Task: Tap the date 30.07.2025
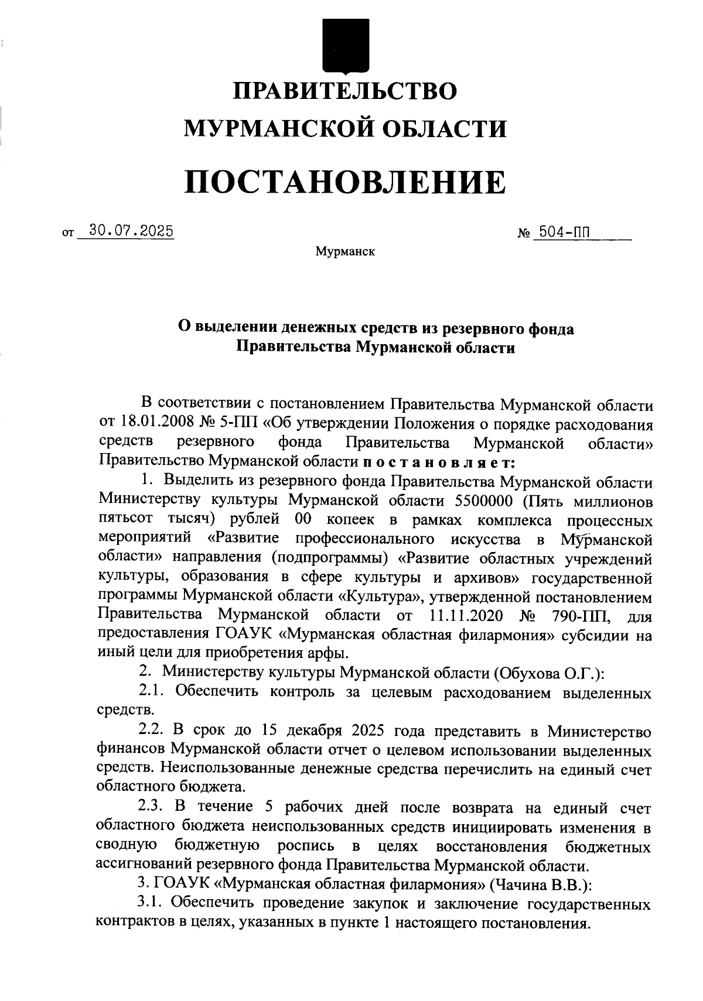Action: click(127, 232)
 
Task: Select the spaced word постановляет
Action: click(439, 462)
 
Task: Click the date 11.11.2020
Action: click(463, 616)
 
